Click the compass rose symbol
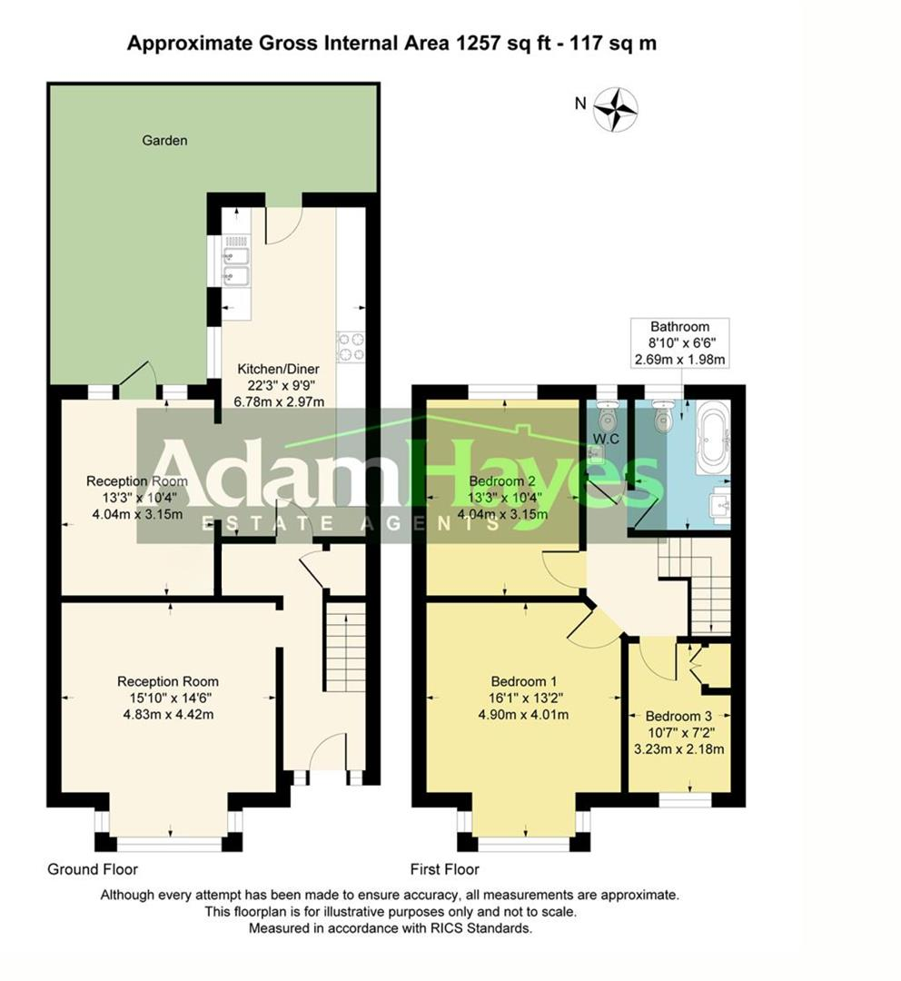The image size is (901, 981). click(x=616, y=109)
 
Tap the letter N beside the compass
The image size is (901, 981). click(x=580, y=104)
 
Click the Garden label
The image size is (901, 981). click(x=164, y=141)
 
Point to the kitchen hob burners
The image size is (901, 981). click(x=351, y=346)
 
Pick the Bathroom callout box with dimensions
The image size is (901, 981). click(x=679, y=342)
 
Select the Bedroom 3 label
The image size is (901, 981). click(x=679, y=717)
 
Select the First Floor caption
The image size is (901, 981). click(x=444, y=869)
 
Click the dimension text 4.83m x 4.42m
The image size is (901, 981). click(x=168, y=714)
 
